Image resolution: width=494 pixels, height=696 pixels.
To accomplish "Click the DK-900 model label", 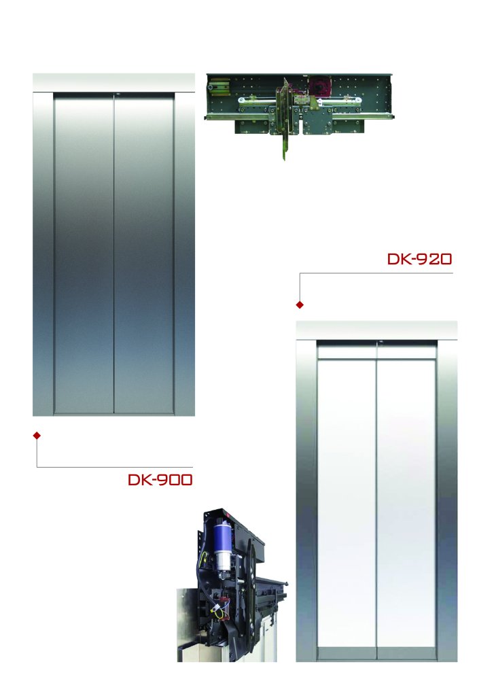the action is (160, 480).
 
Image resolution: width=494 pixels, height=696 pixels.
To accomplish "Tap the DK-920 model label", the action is (419, 259).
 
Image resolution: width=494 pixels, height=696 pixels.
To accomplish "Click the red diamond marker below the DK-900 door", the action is (37, 436).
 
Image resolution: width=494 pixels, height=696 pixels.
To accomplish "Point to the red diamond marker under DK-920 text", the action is (300, 304).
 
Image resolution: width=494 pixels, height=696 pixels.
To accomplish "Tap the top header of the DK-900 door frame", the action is (113, 82).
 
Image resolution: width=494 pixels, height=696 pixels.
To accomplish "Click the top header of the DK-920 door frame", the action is (376, 330).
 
